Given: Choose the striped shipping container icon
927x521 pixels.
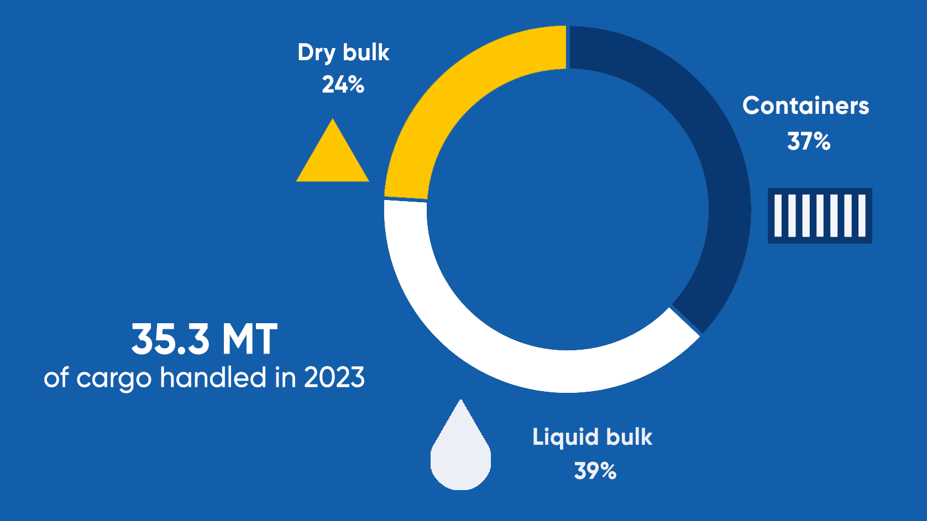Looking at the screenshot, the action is click(820, 215).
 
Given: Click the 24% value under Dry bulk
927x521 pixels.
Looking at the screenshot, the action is click(343, 85).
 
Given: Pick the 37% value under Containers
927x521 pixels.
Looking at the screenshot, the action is click(809, 141).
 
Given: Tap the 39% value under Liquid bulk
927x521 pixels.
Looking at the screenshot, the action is click(595, 471).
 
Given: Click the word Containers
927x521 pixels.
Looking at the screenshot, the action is click(806, 106).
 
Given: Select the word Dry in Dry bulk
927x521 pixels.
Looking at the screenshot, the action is click(316, 54).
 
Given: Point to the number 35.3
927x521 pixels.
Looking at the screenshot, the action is click(170, 339).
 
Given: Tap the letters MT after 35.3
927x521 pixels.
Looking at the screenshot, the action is click(249, 339).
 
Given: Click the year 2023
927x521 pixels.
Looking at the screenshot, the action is click(334, 377).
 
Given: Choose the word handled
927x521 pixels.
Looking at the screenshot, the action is click(213, 377).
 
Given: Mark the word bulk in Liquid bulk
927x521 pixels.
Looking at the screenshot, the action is click(630, 436).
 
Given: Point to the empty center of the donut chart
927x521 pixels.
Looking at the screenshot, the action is click(567, 209).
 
